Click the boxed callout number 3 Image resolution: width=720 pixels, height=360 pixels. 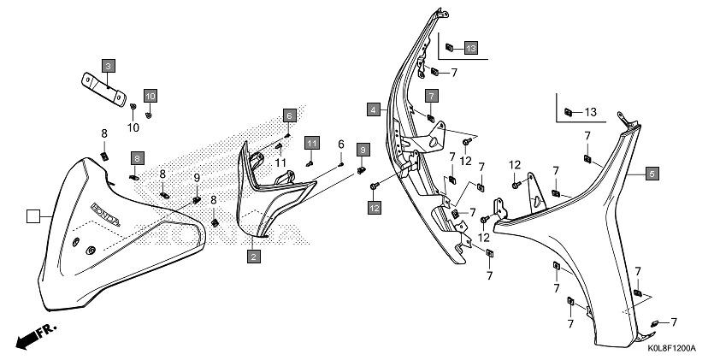coord(109,65)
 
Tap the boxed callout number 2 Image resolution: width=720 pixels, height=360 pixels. coord(253,256)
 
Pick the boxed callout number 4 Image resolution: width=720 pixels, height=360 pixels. coord(374,109)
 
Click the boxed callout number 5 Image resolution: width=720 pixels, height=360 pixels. coord(652,174)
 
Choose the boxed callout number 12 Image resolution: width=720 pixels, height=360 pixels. coord(375,207)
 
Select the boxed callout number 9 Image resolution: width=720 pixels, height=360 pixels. coord(363,150)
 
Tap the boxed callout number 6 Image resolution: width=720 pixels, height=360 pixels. coord(290,115)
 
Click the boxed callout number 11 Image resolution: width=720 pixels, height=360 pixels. coord(312,142)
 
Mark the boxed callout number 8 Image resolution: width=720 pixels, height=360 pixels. coord(137,157)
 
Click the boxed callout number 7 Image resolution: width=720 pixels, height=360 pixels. coord(432,95)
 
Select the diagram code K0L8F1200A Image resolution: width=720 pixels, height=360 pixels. coord(672,349)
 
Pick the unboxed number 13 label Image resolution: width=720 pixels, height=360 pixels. coord(590,112)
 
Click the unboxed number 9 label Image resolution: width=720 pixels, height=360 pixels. coord(197,178)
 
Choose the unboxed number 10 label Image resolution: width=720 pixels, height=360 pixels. coord(133,127)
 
